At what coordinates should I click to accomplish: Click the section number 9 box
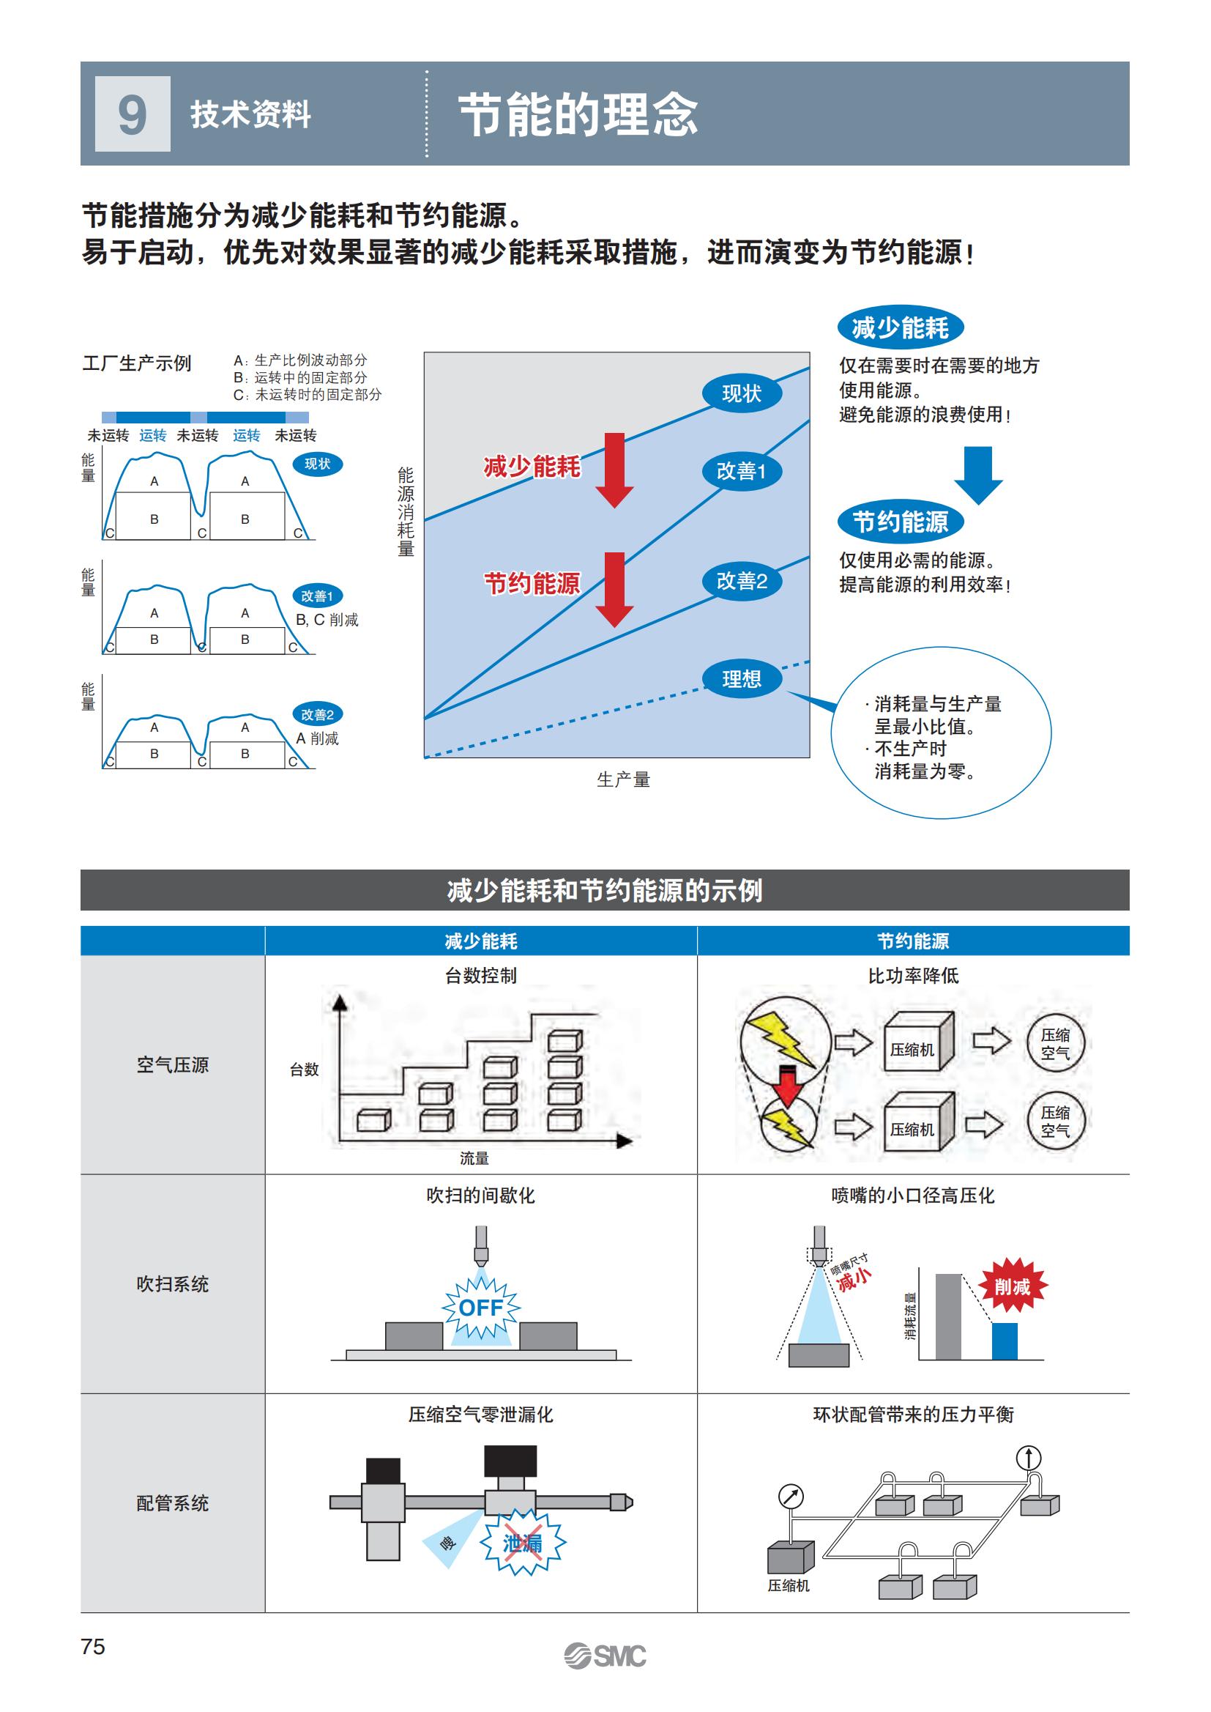tap(133, 114)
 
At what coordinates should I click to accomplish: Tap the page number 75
tap(93, 1646)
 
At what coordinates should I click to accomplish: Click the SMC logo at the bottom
tap(605, 1656)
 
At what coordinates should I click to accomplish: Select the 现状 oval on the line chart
tap(741, 393)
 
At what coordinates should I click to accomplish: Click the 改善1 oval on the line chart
tap(741, 472)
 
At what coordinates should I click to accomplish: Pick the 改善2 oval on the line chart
tap(741, 581)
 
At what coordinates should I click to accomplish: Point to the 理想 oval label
tap(741, 679)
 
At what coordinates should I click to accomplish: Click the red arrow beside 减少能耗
tap(614, 470)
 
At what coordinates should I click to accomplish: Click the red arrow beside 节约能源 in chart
tap(614, 589)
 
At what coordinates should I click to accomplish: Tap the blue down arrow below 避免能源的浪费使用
tap(977, 475)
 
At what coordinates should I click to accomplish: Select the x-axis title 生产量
tap(623, 779)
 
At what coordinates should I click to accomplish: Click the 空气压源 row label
tap(172, 1064)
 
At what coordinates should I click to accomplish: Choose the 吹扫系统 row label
tap(172, 1283)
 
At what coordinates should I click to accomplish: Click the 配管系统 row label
tap(172, 1503)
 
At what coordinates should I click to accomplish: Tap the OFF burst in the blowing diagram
tap(481, 1308)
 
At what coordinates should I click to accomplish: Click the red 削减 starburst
tap(1012, 1286)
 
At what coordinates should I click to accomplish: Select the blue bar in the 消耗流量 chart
tap(1005, 1341)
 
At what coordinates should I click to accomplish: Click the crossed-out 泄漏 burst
tap(523, 1543)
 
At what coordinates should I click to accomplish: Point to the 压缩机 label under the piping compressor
tap(789, 1585)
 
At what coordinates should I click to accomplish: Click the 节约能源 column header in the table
tap(913, 941)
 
